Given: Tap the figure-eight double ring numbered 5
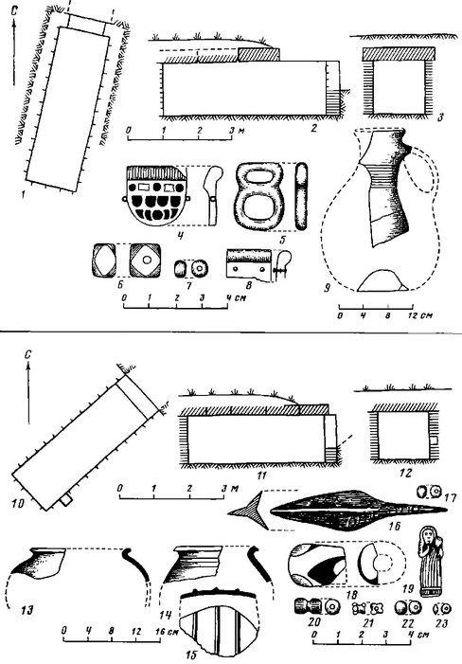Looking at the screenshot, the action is pyautogui.click(x=258, y=196).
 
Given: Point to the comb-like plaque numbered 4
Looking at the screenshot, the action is pyautogui.click(x=156, y=195).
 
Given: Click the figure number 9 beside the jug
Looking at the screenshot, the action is pyautogui.click(x=327, y=289).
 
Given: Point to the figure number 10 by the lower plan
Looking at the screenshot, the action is pyautogui.click(x=20, y=503).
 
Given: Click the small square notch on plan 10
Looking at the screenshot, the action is pyautogui.click(x=65, y=500).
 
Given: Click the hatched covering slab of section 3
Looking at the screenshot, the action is pyautogui.click(x=399, y=54).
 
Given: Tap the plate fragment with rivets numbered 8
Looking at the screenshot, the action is pyautogui.click(x=249, y=263).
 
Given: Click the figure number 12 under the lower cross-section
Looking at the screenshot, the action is pyautogui.click(x=405, y=473).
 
